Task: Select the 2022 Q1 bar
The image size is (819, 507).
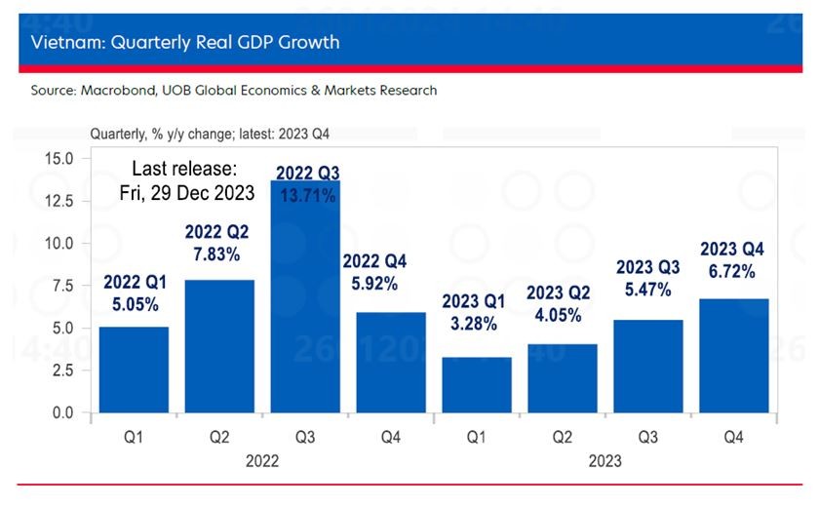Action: [134, 370]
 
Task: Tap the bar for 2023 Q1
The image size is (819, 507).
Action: [477, 385]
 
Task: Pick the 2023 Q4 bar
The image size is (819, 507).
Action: [733, 356]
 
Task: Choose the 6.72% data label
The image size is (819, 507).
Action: [733, 272]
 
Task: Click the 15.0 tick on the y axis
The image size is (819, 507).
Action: [61, 158]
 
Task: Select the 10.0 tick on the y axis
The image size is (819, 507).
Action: [61, 243]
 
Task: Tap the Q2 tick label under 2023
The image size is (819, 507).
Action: [563, 438]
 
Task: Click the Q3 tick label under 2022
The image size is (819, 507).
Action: [305, 438]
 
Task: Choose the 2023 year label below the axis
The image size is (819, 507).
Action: [604, 461]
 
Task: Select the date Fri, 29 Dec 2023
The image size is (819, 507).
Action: [187, 192]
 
